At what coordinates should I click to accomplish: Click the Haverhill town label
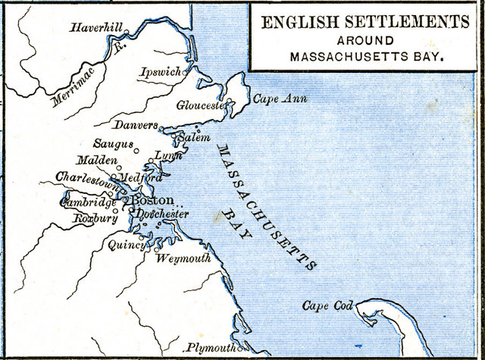[x=96, y=28]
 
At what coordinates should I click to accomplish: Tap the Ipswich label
[x=161, y=73]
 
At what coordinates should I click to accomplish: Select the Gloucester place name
[x=202, y=106]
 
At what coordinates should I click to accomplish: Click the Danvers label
[x=136, y=124]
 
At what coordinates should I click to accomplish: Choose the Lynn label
[x=168, y=155]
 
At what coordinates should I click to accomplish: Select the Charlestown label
[x=87, y=178]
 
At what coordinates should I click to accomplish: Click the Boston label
[x=153, y=201]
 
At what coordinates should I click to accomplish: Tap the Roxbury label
[x=93, y=219]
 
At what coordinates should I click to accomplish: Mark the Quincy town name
[x=124, y=245]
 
